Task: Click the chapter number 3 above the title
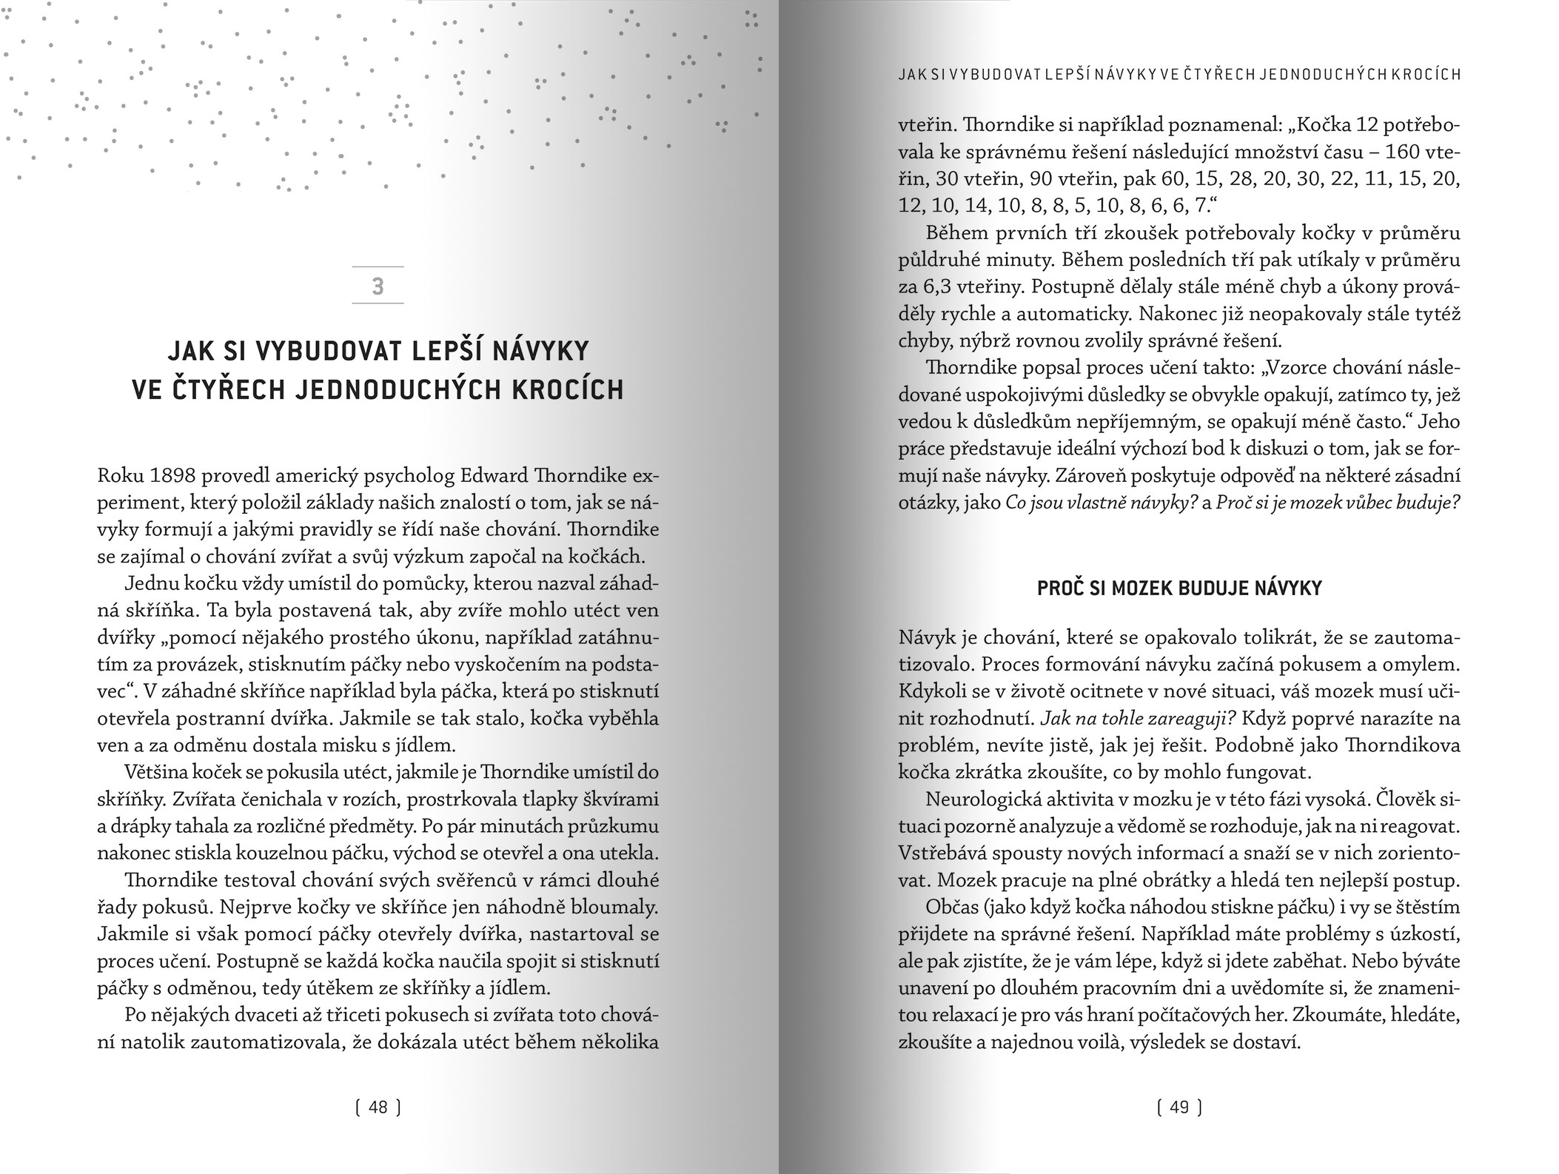[378, 286]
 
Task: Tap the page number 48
[378, 1107]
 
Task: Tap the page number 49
[1179, 1107]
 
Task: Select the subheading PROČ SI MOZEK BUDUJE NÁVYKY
[1179, 588]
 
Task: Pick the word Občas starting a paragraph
[952, 908]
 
